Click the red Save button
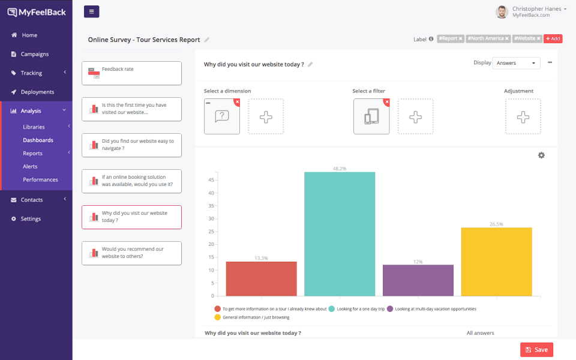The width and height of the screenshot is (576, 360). coord(536,350)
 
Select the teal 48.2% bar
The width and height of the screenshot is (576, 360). coord(340,234)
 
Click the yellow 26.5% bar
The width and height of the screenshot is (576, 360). coord(496,262)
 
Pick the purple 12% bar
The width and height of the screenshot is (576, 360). coord(418,280)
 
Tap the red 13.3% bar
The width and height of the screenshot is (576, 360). coord(261,278)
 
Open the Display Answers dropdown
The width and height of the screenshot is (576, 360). coord(516,63)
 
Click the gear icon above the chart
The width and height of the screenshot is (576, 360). coord(541,155)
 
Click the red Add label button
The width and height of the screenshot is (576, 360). coord(553,38)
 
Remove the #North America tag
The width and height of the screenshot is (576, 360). coord(506,38)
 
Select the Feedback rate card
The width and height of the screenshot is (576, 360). coord(131,73)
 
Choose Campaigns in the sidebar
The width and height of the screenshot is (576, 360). coord(35,54)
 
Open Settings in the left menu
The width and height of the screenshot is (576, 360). coord(31,219)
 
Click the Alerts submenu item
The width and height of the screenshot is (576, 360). coord(30,166)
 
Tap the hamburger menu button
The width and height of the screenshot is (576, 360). coord(92,11)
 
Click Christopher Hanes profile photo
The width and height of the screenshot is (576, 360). coord(502,12)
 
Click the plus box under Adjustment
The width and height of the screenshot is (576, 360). coord(523,116)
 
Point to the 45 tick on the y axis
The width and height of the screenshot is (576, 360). coord(211,180)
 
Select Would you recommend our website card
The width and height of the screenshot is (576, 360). coord(131,253)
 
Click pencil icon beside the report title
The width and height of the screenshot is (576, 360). coord(207,40)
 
